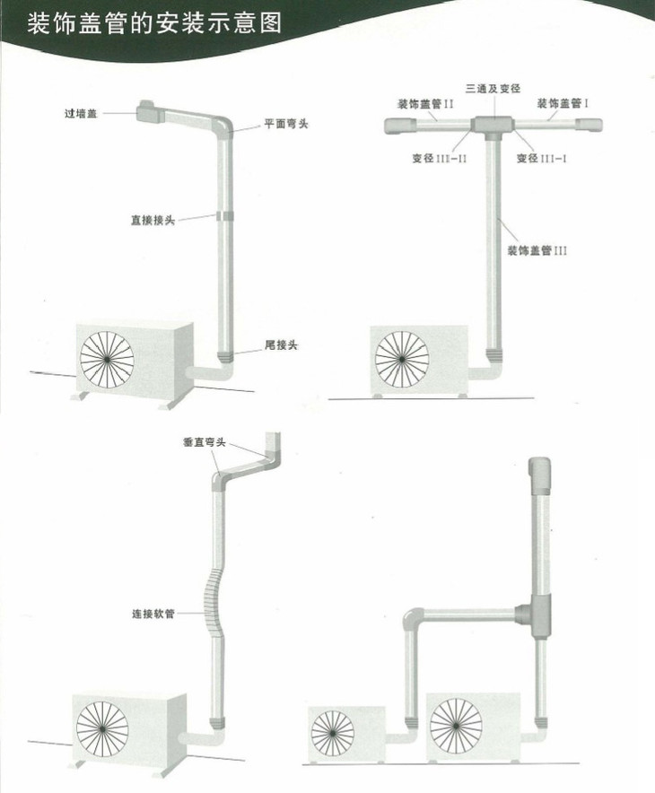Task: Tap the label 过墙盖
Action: pos(82,114)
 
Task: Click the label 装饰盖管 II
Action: pos(424,104)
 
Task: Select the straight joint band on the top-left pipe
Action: pos(223,216)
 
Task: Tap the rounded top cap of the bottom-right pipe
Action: pos(541,471)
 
